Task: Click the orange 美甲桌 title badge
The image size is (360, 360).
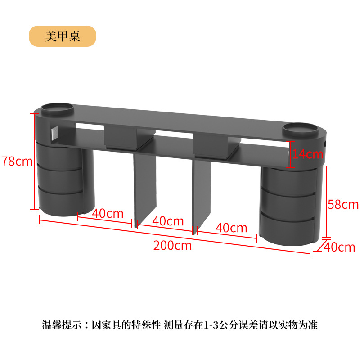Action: [63, 36]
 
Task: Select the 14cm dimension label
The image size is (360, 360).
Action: [308, 154]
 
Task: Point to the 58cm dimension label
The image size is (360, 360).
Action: [343, 204]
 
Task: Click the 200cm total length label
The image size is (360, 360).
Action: [172, 246]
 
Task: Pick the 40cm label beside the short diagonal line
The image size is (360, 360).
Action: [340, 247]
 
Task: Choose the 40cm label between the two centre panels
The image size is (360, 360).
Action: [168, 221]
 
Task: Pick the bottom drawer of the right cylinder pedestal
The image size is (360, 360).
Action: [288, 229]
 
